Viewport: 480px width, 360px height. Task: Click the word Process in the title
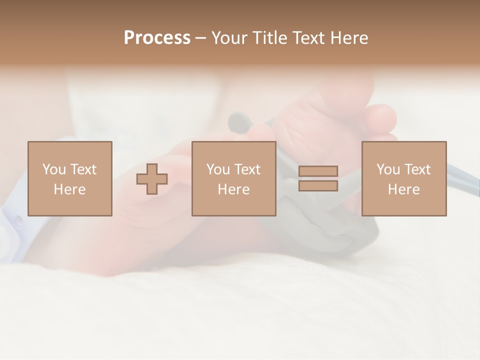click(x=157, y=38)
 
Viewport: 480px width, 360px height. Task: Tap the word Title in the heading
click(x=270, y=38)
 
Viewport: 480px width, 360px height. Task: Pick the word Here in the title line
click(x=350, y=38)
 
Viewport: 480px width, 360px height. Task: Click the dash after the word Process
click(x=201, y=38)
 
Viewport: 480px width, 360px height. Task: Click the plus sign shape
click(x=152, y=179)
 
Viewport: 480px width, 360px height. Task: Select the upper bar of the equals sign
click(x=318, y=171)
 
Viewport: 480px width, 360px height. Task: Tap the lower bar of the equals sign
click(x=318, y=185)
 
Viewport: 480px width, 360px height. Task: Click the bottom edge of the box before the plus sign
click(x=69, y=215)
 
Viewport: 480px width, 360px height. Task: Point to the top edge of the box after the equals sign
click(x=404, y=142)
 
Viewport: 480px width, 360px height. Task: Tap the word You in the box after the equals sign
click(x=388, y=169)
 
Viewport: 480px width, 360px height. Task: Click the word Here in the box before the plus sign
click(x=69, y=189)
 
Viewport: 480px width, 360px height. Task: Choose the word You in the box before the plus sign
click(x=54, y=169)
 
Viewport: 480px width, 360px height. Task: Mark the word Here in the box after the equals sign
click(x=404, y=189)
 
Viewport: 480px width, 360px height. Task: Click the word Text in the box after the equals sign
click(x=417, y=169)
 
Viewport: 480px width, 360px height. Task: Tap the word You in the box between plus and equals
click(x=218, y=169)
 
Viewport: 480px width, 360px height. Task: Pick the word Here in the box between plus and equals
click(x=234, y=189)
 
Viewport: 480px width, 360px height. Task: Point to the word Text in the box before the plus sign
click(x=83, y=169)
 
